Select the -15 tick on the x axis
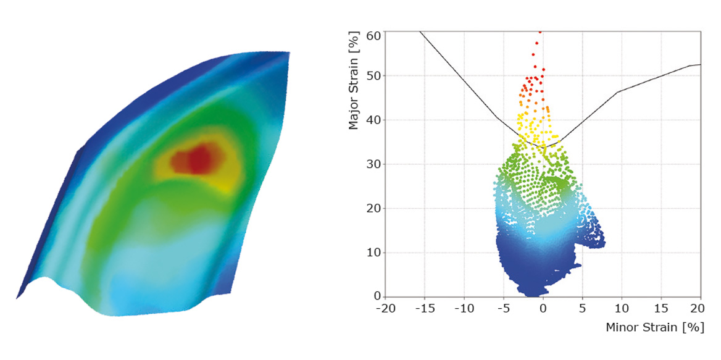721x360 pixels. pyautogui.click(x=425, y=308)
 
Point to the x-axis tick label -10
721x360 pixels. pyautogui.click(x=464, y=308)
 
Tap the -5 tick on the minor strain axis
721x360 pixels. pyautogui.click(x=504, y=308)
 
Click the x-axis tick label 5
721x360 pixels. pyautogui.click(x=583, y=308)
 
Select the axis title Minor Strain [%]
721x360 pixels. pyautogui.click(x=655, y=327)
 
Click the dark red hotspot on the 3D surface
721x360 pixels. pyautogui.click(x=199, y=159)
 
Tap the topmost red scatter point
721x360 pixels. pyautogui.click(x=540, y=31)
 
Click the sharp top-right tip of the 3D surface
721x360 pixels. pyautogui.click(x=289, y=52)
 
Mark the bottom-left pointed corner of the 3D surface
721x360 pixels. pyautogui.click(x=17, y=299)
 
